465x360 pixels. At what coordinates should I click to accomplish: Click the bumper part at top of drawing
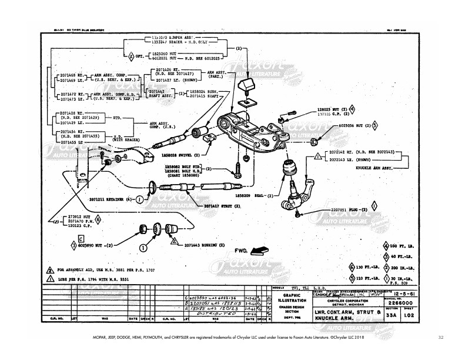[x=248, y=84]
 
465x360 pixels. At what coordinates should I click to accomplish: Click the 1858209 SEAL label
[x=246, y=194]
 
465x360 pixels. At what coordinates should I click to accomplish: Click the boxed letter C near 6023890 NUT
[x=81, y=237]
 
